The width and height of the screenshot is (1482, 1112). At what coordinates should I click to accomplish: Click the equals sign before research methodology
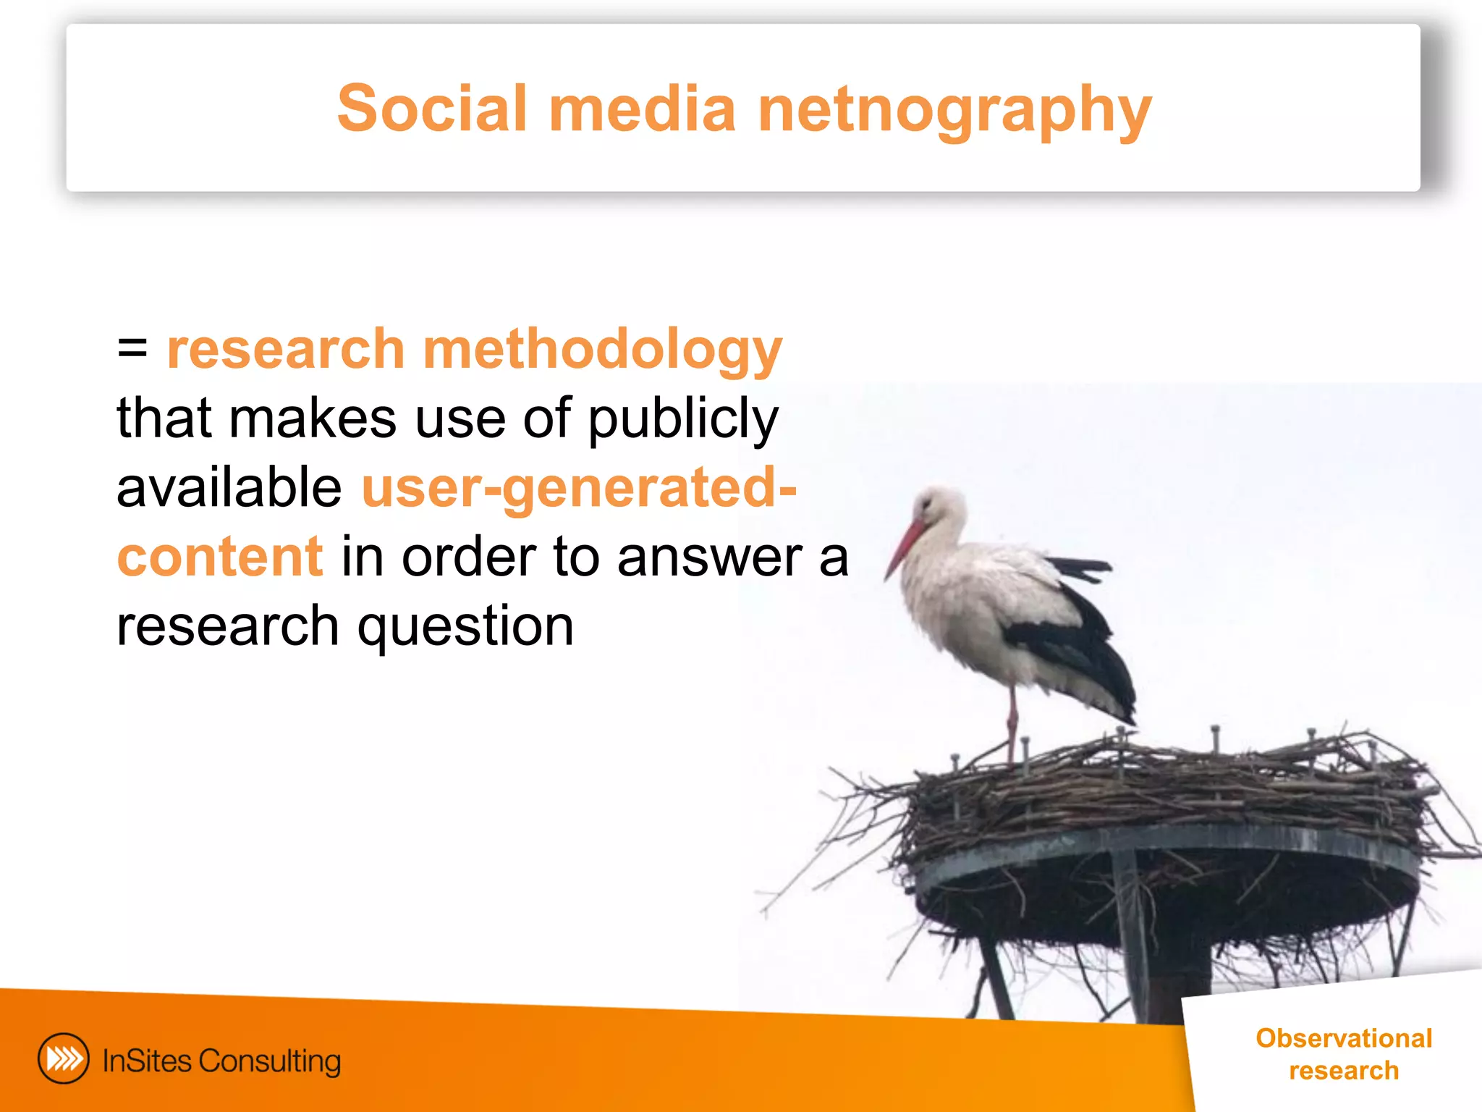[132, 348]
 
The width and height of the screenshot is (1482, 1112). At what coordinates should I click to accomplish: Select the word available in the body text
[229, 487]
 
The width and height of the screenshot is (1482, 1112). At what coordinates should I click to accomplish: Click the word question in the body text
[465, 627]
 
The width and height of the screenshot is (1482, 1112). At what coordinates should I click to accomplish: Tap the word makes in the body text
[313, 418]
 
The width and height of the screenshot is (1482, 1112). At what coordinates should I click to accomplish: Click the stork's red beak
[905, 547]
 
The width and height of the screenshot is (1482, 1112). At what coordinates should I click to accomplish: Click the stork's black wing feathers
[1078, 644]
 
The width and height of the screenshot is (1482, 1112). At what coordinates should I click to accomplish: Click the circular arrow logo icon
[64, 1058]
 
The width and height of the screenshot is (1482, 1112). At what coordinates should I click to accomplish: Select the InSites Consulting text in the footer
[221, 1061]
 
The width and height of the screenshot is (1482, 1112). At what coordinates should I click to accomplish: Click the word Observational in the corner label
[1344, 1038]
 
